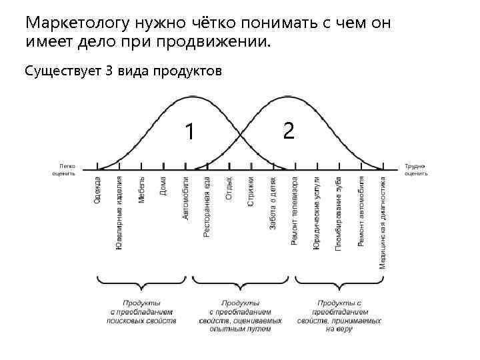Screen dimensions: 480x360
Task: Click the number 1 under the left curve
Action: (x=190, y=131)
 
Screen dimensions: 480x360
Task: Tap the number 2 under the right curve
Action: (x=288, y=130)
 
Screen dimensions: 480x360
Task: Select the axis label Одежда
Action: (x=98, y=190)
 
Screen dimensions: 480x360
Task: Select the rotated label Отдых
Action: (x=229, y=189)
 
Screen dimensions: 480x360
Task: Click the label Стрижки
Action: (x=251, y=191)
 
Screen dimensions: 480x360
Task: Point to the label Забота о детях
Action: (x=273, y=204)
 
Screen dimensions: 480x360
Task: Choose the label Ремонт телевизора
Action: (x=295, y=211)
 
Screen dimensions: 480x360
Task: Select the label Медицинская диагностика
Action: (x=382, y=222)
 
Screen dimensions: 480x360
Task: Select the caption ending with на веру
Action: (x=339, y=316)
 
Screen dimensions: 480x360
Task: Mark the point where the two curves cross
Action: (x=241, y=134)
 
